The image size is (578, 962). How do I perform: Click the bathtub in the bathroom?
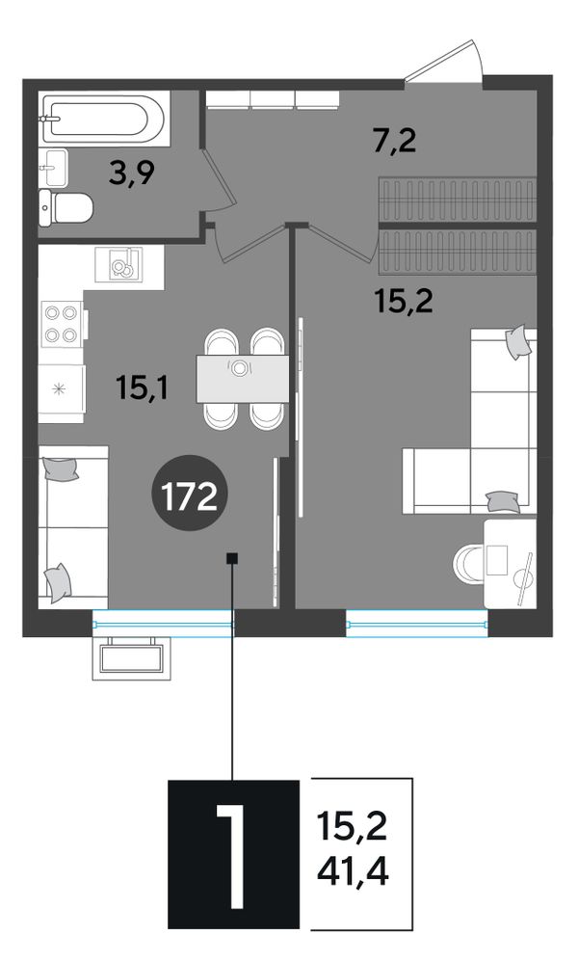[104, 119]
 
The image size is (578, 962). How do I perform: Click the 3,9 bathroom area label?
[131, 174]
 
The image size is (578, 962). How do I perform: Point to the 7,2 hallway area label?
[395, 141]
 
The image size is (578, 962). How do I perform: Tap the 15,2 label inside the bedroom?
[404, 302]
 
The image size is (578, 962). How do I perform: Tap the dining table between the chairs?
[242, 379]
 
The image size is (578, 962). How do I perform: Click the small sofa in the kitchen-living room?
[73, 527]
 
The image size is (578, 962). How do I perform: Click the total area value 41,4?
[353, 871]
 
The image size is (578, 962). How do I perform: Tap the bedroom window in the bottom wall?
[417, 624]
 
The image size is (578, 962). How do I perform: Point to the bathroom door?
[220, 180]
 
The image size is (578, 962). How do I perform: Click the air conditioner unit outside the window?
[131, 658]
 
